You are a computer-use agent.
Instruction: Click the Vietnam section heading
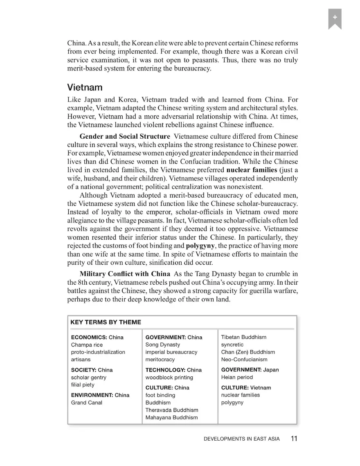[85, 88]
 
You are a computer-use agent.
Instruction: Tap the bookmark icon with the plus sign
[335, 18]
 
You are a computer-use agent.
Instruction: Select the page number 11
[294, 439]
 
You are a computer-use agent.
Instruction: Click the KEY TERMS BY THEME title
[106, 322]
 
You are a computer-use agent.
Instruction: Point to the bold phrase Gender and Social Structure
[125, 136]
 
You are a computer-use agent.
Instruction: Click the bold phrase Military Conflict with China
[125, 274]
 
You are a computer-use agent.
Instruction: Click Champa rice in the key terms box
[87, 345]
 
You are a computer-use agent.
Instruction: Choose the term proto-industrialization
[98, 352]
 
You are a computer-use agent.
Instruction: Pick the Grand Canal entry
[87, 403]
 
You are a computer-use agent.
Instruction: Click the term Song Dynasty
[162, 345]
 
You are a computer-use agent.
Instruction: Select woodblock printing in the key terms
[169, 378]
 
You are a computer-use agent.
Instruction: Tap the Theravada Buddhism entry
[172, 410]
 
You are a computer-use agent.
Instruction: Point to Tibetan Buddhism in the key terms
[243, 337]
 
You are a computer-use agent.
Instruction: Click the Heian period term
[237, 377]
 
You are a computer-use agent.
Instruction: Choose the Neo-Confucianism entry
[244, 360]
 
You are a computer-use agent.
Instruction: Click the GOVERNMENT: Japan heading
[250, 370]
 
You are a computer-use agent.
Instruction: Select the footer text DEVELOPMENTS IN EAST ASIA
[242, 439]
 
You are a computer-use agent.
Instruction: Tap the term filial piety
[83, 385]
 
